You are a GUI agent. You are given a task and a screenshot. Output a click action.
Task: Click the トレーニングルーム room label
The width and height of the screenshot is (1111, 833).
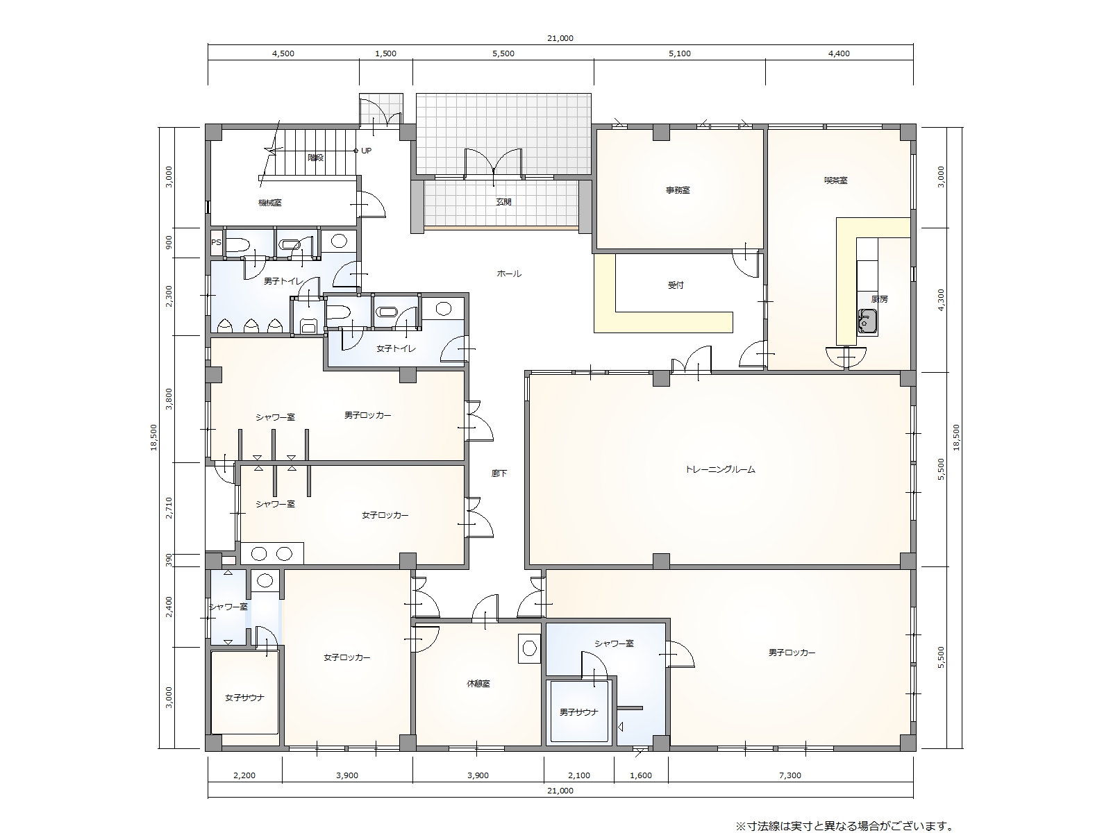point(720,469)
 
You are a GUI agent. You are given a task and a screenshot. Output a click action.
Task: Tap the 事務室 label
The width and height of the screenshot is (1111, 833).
point(678,190)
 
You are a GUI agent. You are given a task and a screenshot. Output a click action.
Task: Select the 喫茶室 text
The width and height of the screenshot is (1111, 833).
point(835,180)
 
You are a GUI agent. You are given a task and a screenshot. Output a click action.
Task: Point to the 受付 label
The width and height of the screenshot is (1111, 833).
point(676,285)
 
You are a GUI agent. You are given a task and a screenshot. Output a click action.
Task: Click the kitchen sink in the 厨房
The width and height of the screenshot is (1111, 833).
point(867,321)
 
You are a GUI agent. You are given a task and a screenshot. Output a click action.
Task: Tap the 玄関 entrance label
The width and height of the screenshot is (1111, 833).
point(503,202)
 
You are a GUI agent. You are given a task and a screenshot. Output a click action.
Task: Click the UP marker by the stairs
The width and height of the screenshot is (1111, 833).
point(366,151)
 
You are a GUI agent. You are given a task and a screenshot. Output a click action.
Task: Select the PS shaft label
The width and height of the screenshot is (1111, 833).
point(216,242)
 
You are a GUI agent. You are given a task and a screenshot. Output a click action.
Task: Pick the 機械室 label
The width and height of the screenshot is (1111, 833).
point(270,203)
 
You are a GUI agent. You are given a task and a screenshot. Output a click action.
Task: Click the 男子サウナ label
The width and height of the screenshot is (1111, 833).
point(579,712)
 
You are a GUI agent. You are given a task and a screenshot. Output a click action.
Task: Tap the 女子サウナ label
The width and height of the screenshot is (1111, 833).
point(244,698)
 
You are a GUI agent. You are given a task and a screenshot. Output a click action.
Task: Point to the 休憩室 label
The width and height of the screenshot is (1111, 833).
point(478,684)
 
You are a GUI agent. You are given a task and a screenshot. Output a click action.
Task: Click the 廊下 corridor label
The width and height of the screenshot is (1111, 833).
point(499,474)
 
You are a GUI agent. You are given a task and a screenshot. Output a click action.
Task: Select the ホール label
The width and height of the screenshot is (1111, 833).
point(509,274)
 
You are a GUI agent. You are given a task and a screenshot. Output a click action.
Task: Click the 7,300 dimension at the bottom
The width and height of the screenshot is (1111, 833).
point(790,775)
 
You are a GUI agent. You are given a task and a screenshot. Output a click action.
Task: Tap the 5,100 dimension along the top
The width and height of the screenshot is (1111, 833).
point(679,53)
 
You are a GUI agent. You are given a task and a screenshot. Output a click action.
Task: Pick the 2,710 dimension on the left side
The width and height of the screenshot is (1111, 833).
point(169,508)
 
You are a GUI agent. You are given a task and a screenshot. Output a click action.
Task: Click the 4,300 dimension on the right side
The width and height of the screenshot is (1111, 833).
point(941,299)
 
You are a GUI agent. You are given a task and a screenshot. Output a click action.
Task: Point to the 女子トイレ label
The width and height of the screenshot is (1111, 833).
point(396,348)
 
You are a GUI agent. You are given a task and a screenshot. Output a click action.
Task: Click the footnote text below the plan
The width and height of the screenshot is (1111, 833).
point(845,826)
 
